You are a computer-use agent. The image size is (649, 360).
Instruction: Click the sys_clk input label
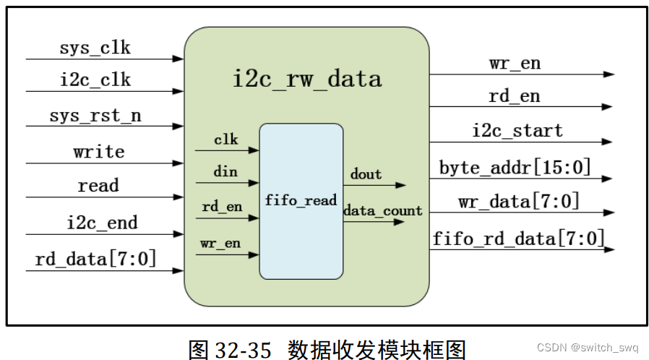(x=95, y=48)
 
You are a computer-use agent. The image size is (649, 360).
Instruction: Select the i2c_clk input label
(x=95, y=80)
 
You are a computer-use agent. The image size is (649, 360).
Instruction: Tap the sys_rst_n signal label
(x=95, y=116)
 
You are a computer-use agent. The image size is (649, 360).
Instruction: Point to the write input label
(x=99, y=152)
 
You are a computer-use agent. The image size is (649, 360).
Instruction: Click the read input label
(x=98, y=186)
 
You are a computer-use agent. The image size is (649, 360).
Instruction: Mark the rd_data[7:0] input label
(x=95, y=258)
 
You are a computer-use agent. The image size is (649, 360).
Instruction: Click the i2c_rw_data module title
(x=306, y=78)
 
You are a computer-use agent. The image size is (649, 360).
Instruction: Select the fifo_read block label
(x=301, y=200)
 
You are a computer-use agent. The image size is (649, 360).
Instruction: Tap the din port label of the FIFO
(x=225, y=172)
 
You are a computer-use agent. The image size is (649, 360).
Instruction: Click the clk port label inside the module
(x=225, y=139)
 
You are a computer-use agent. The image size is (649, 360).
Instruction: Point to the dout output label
(x=366, y=174)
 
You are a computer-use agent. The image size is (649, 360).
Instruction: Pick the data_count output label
(x=382, y=211)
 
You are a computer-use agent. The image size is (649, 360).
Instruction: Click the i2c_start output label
(x=517, y=131)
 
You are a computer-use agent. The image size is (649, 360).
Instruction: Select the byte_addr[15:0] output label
(x=515, y=168)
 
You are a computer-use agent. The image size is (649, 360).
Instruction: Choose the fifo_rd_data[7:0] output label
(x=518, y=237)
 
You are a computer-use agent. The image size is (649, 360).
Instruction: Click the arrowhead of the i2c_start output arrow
(x=608, y=142)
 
